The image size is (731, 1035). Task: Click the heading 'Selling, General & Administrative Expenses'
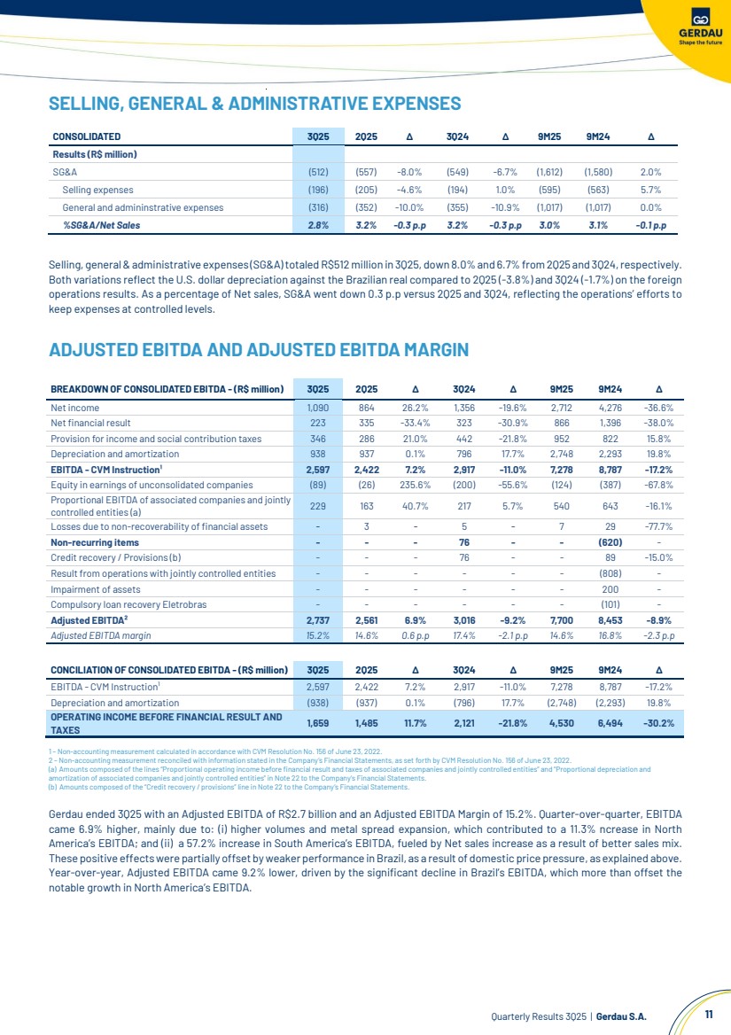tap(254, 104)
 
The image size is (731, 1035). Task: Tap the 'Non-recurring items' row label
tap(95, 542)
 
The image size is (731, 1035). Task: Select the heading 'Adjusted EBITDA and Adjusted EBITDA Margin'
tap(258, 350)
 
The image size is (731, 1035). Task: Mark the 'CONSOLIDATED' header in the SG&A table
tap(86, 136)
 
